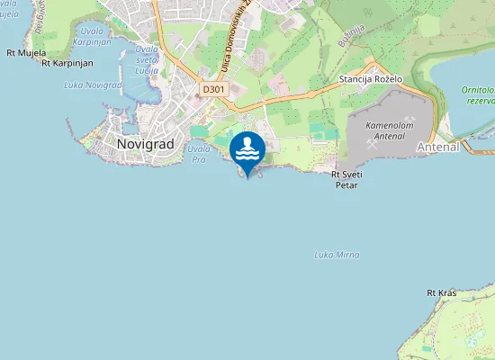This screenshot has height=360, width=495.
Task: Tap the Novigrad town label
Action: (145, 143)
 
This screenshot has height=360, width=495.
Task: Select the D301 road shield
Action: (214, 89)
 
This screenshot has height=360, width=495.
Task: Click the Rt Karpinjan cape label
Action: (67, 63)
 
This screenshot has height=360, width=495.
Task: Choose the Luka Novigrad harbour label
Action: (93, 85)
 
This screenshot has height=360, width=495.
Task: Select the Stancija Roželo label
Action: (370, 80)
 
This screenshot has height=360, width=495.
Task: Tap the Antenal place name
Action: (438, 146)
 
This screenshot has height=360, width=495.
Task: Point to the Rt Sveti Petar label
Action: (346, 179)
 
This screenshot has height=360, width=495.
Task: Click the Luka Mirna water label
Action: (337, 255)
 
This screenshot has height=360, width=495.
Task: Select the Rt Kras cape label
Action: (442, 292)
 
